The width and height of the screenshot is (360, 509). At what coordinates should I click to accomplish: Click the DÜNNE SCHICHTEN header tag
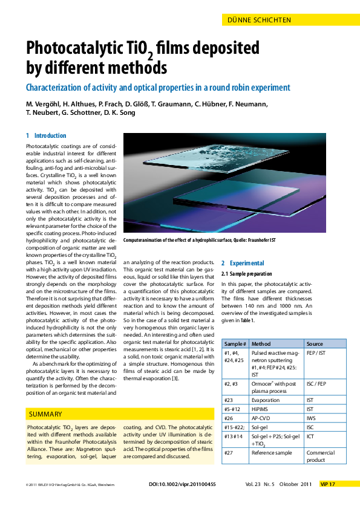coord(259,20)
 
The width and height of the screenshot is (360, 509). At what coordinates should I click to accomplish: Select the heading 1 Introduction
coord(46,135)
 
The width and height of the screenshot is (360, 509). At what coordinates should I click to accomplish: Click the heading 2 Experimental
coord(243,263)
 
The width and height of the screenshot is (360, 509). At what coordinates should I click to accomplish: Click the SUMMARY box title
coord(45,414)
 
